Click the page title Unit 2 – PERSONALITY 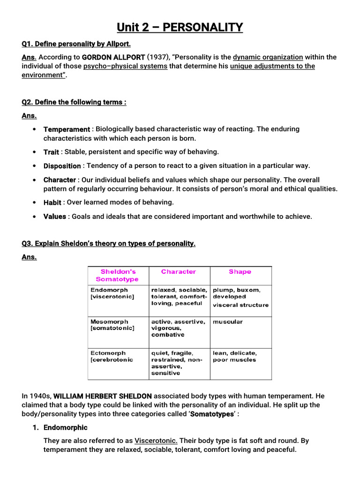(180, 27)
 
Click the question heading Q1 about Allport (76, 44)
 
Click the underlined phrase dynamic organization (268, 57)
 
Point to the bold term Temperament (67, 129)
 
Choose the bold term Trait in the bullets (51, 152)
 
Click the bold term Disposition (62, 166)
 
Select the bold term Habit (52, 202)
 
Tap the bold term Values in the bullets (54, 217)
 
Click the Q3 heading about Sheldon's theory (108, 243)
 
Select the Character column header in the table (179, 272)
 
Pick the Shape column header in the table (240, 272)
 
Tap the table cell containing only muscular (228, 322)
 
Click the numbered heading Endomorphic (65, 427)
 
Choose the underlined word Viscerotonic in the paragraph (156, 441)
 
